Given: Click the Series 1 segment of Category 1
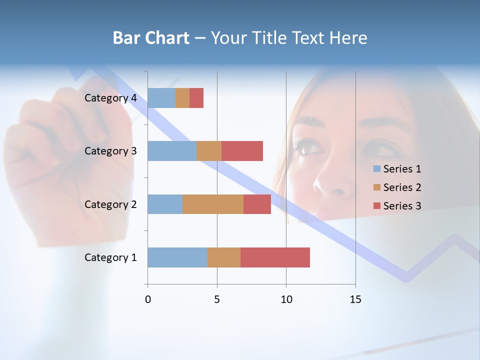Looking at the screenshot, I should pos(177,257).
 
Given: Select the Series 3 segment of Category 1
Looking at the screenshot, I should pos(275,257).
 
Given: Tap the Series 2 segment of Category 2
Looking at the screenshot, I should pos(213,204).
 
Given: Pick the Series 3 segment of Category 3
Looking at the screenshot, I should pos(242,151).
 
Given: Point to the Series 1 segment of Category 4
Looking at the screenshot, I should pos(161,98).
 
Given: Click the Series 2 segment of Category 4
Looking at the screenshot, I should pos(182,98).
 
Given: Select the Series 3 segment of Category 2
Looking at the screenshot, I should pos(257,204).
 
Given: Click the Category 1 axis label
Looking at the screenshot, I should pos(110,257).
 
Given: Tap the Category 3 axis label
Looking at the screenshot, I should pos(110,151).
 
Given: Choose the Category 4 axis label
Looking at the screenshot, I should pos(110,98).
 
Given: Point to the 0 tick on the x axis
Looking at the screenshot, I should pos(148,299).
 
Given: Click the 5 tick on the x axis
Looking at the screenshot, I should pos(217,299).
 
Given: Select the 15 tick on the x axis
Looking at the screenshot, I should pos(355,299).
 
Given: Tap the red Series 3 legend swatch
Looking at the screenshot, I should pos(377,206).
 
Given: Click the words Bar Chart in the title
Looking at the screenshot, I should pos(151,38).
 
